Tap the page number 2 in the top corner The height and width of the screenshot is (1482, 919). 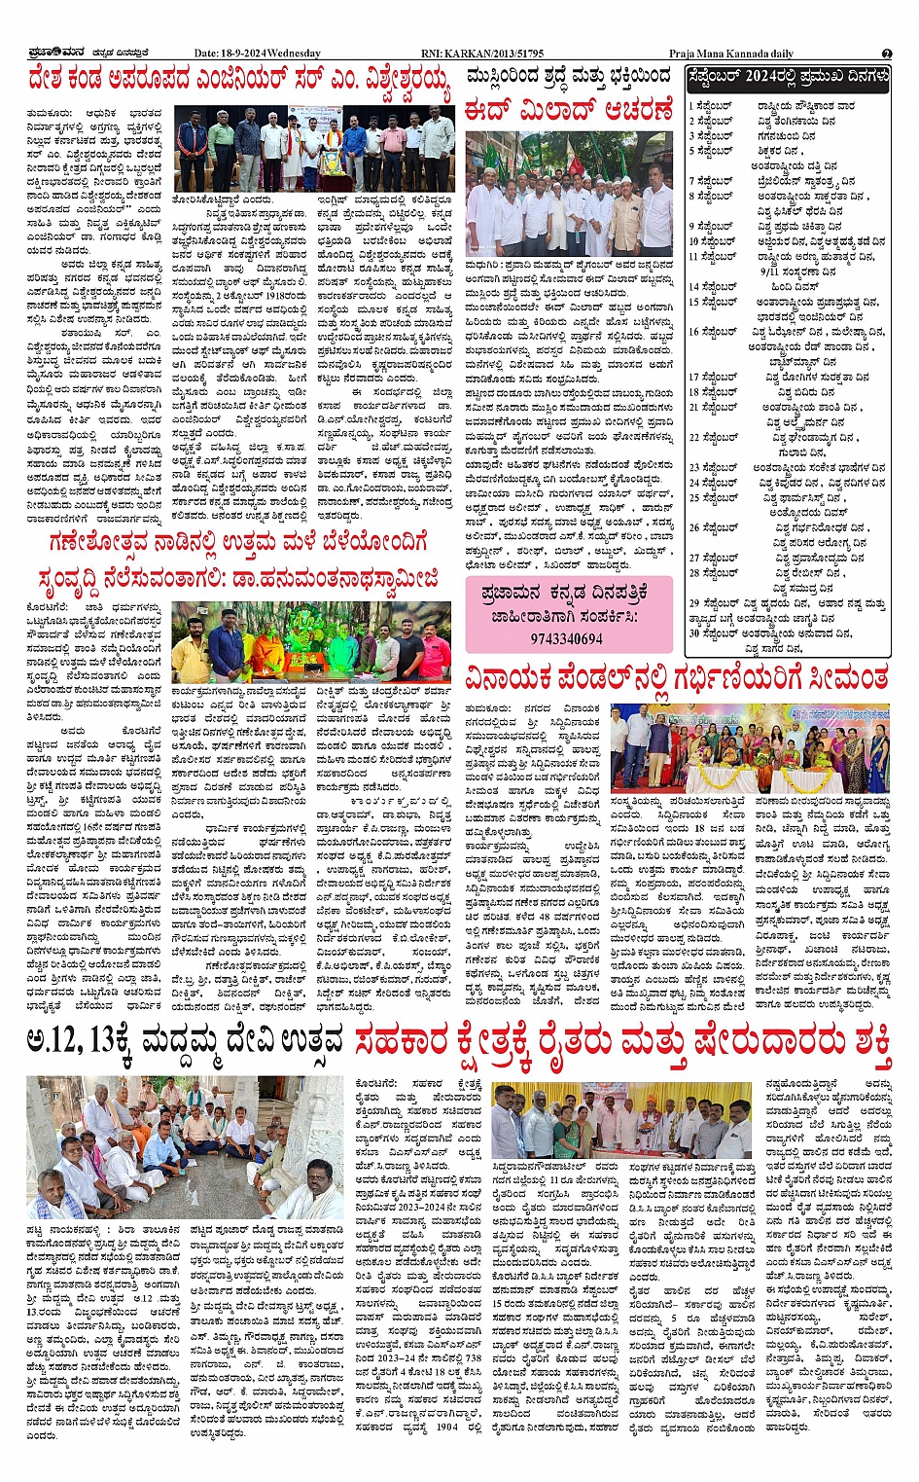coord(886,54)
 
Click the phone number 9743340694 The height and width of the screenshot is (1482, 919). coord(567,639)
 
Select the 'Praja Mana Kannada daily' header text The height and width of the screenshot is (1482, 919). coord(730,54)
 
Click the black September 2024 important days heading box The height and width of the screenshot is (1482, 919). coord(787,77)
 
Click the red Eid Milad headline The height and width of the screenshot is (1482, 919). coord(568,108)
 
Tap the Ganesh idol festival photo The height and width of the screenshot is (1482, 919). coord(311,642)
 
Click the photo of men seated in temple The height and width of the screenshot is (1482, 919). coord(184,1148)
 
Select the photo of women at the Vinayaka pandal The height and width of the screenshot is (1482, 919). coord(749,747)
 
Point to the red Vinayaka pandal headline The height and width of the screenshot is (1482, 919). coord(677,675)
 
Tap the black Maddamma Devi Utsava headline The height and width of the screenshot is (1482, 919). coord(185,1041)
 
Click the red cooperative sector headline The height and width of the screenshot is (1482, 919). coord(623,1041)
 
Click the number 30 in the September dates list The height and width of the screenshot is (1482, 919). coord(694,633)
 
